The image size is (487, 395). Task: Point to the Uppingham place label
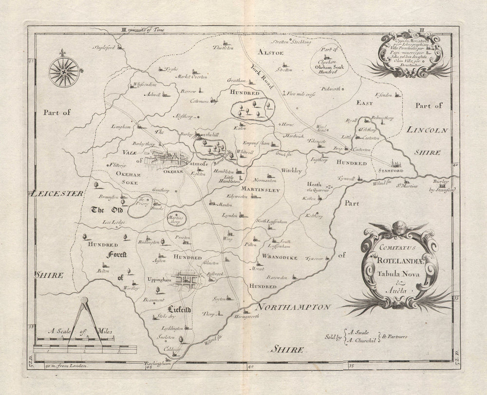(160, 281)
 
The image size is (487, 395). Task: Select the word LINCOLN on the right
(425, 130)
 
